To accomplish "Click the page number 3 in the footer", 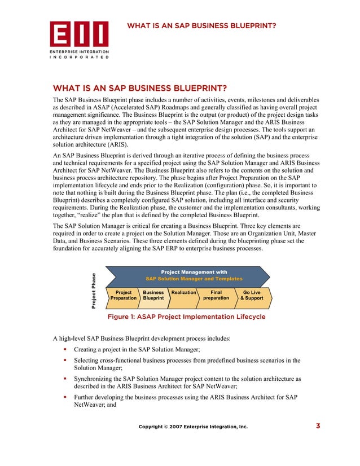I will [318, 426].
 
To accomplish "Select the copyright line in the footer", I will [193, 427].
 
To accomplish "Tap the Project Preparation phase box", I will [124, 295].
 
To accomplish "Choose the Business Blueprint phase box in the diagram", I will [153, 295].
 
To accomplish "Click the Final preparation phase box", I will [216, 295].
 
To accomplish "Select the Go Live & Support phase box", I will [251, 295].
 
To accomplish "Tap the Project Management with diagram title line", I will [194, 272].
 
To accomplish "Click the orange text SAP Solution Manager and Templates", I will [194, 279].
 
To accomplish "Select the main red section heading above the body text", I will [139, 88].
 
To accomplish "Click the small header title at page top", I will [201, 25].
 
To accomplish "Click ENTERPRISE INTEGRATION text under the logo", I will [78, 51].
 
